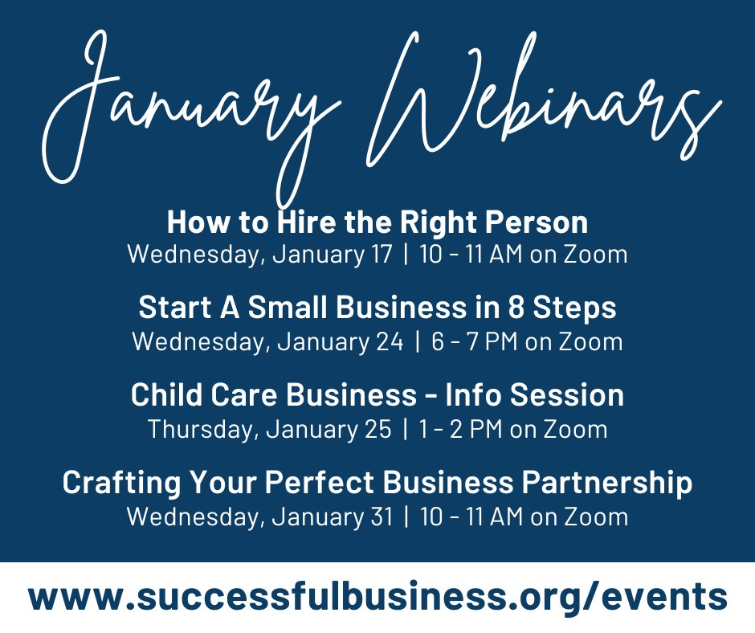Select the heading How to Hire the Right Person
(377, 222)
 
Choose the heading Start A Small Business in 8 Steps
(377, 308)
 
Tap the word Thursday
(200, 429)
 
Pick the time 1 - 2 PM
(461, 429)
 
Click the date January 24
(337, 341)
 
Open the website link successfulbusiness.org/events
(377, 598)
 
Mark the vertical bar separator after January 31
(406, 517)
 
